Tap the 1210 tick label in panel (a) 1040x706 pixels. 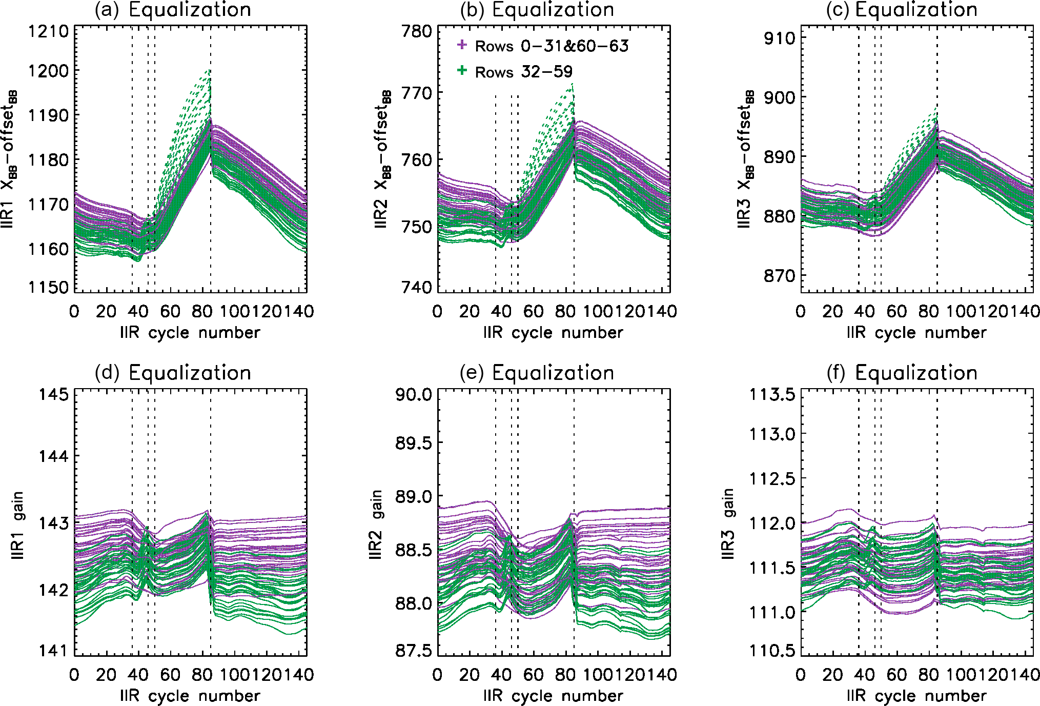click(x=49, y=32)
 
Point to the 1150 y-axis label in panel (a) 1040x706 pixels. click(x=49, y=288)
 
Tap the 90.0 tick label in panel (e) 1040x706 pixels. click(x=414, y=395)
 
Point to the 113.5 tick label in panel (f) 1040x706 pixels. click(x=772, y=395)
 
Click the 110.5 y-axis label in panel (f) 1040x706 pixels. click(x=772, y=651)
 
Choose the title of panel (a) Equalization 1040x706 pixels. click(x=173, y=10)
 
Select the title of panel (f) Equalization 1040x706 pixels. click(x=902, y=373)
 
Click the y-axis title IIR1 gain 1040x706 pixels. click(x=18, y=526)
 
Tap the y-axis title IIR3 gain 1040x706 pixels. click(x=728, y=523)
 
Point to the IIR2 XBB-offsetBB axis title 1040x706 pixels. click(x=382, y=159)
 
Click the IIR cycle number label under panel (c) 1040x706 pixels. click(x=916, y=333)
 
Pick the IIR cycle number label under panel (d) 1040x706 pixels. click(x=190, y=696)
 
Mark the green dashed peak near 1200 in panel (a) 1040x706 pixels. click(x=209, y=71)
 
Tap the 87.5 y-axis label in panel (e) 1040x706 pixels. click(x=414, y=651)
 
